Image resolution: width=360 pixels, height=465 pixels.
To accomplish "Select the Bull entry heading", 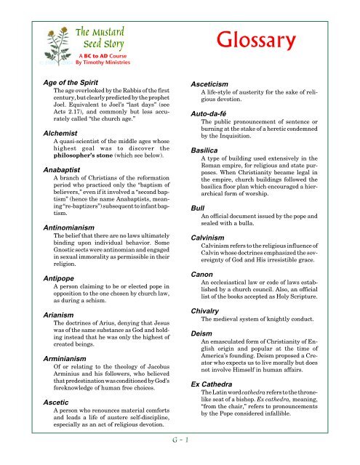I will pyautogui.click(x=195, y=207).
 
